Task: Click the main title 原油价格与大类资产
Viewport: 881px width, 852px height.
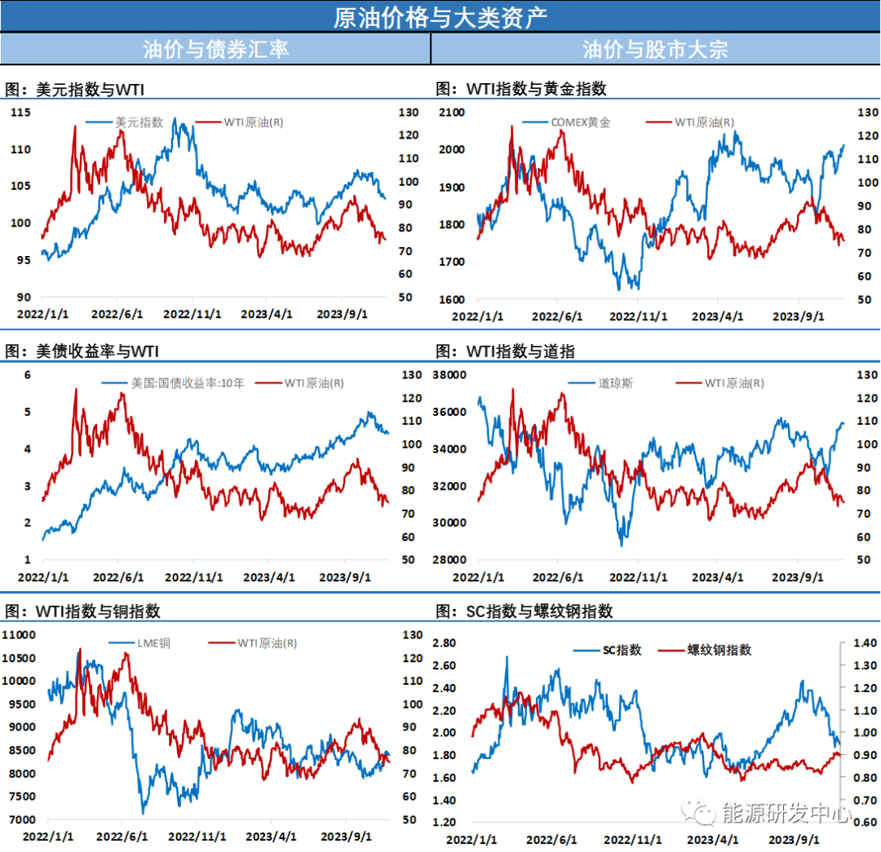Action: [x=440, y=16]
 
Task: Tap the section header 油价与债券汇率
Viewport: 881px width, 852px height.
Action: [x=215, y=49]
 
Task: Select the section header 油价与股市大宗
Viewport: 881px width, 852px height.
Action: [x=655, y=49]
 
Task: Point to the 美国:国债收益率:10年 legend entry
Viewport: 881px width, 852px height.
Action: [x=188, y=382]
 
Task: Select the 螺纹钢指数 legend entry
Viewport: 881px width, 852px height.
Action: [x=719, y=650]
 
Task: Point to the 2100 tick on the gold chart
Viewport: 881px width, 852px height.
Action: [x=450, y=113]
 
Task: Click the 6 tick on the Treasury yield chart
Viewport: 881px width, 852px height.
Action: [x=27, y=375]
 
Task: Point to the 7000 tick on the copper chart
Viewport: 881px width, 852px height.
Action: [x=22, y=819]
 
